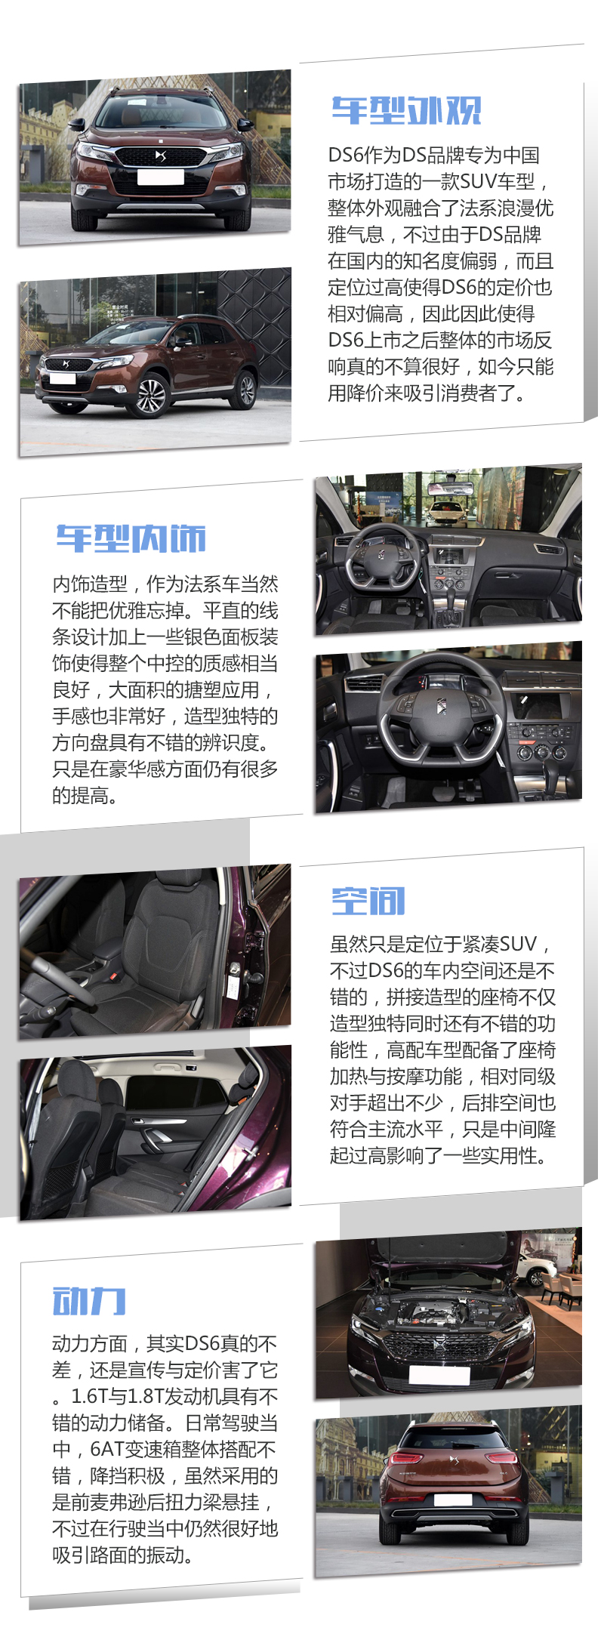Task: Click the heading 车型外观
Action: pos(406,111)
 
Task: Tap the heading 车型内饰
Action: pos(131,539)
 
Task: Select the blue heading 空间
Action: pos(368,901)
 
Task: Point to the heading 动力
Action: pos(89,1301)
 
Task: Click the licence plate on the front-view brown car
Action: pos(161,177)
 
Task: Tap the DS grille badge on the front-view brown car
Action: pos(160,156)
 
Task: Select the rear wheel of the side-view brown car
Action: pos(245,389)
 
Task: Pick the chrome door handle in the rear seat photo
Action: pos(161,1135)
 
